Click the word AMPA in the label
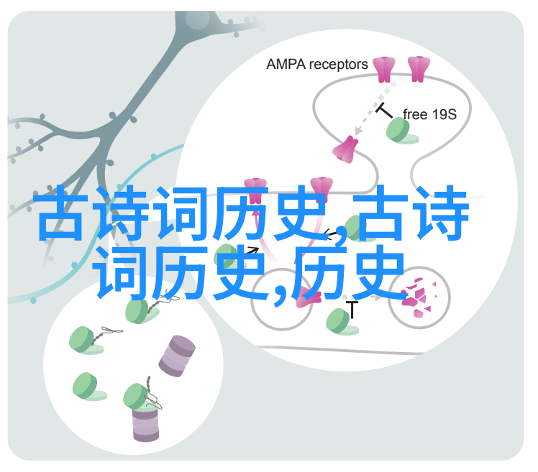(x=286, y=64)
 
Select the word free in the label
(x=414, y=114)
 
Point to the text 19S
(x=443, y=114)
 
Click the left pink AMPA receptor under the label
(x=383, y=69)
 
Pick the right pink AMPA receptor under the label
(x=419, y=69)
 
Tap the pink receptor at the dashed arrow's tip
(x=345, y=149)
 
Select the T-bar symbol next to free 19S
(x=383, y=111)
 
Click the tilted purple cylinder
(x=177, y=356)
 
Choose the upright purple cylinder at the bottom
(x=145, y=424)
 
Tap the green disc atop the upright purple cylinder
(x=136, y=397)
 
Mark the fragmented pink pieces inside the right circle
(x=421, y=297)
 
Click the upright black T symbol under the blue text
(x=352, y=309)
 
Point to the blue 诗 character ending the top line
(x=440, y=213)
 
